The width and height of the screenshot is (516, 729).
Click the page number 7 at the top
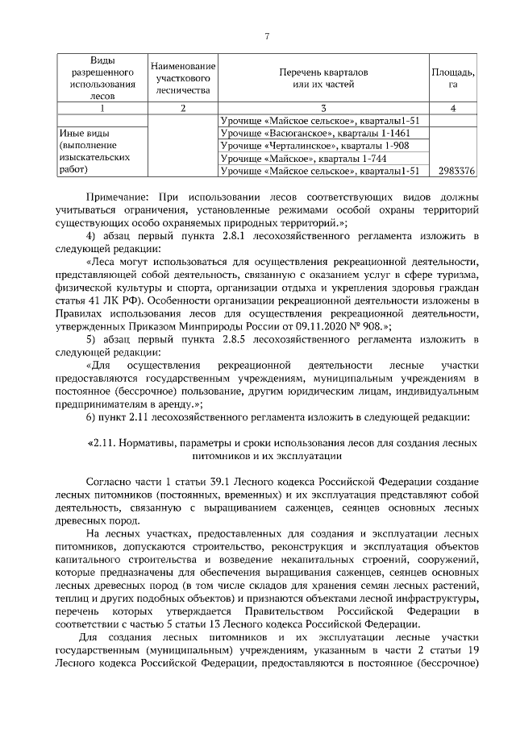[267, 35]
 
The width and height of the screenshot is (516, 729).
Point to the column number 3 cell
[322, 108]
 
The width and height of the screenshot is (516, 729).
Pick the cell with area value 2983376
[454, 172]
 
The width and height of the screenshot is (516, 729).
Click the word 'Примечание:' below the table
[117, 197]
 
